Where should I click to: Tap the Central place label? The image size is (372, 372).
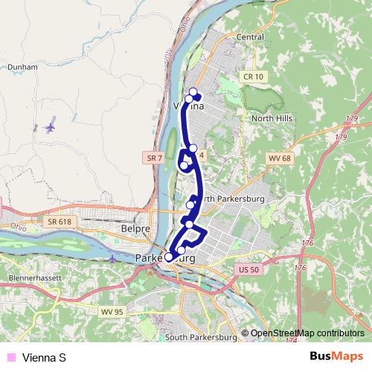[x=249, y=36]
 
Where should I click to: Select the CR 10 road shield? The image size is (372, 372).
[x=253, y=76]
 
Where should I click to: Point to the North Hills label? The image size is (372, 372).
[x=272, y=118]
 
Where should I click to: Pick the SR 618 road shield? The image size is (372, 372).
[x=60, y=222]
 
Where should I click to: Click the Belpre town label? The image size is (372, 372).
[x=135, y=231]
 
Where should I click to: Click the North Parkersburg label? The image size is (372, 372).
[x=228, y=199]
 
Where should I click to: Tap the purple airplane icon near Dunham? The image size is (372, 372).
[x=51, y=127]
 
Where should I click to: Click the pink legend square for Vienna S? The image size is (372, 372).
[x=10, y=358]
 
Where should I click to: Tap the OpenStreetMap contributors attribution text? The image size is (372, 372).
[x=307, y=333]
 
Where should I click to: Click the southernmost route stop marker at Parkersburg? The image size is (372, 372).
[x=169, y=257]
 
